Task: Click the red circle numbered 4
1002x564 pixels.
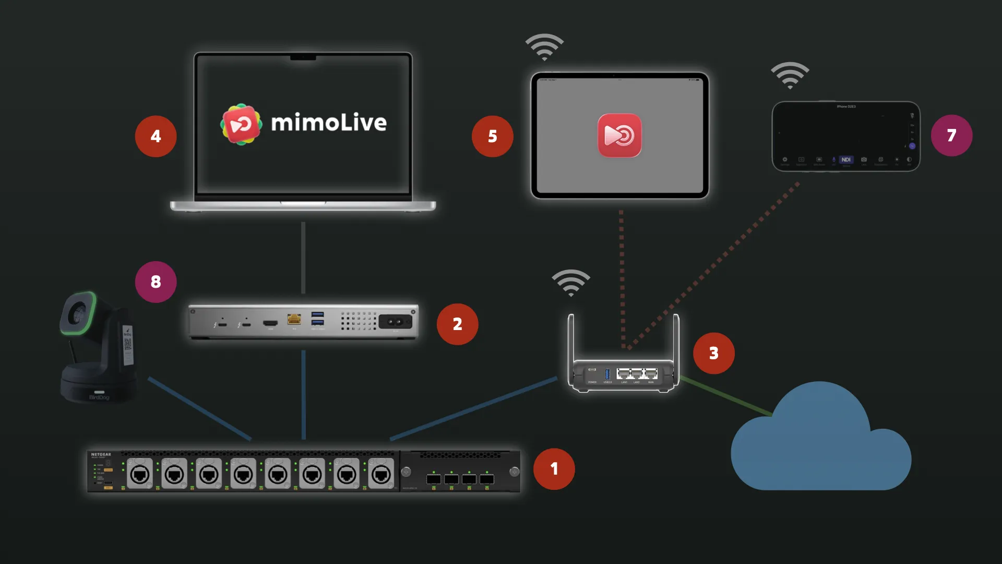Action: coord(156,136)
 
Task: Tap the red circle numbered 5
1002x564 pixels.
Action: coord(492,136)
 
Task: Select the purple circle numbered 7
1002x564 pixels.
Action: coord(951,135)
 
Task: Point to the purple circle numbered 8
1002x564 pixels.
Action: coord(156,282)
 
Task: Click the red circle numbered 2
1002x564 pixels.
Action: coord(457,324)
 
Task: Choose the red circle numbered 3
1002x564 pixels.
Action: coord(713,353)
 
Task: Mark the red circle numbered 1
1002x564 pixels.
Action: coord(554,468)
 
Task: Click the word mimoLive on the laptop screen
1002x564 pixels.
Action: coord(329,123)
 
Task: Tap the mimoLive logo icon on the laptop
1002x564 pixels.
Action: coord(241,124)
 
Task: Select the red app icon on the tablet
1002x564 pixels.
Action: coord(619,135)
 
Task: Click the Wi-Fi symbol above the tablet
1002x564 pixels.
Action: coord(544,47)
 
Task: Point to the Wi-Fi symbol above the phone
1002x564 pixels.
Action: coord(790,75)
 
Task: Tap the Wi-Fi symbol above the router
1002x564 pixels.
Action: coord(571,283)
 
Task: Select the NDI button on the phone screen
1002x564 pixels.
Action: coord(846,160)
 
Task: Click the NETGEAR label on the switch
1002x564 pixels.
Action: coord(101,454)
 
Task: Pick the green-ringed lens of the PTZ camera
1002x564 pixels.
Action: coord(78,313)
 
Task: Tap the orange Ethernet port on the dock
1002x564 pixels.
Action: coord(294,319)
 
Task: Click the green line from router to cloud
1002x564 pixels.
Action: coord(725,396)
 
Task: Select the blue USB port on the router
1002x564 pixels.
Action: coord(607,374)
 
